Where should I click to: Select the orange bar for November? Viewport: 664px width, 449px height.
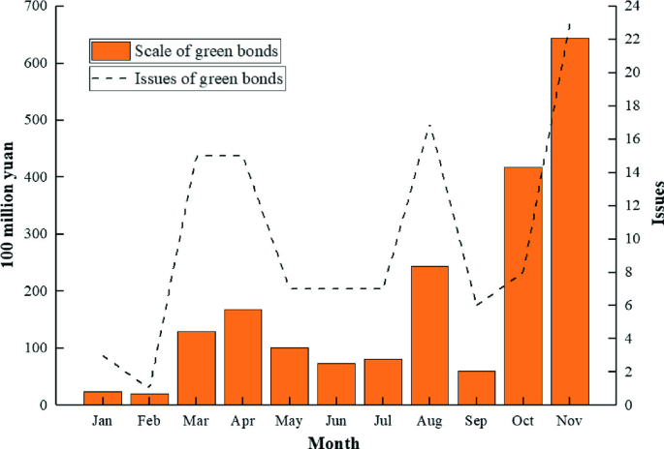(569, 222)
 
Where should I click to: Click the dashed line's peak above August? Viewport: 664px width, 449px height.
(429, 126)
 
